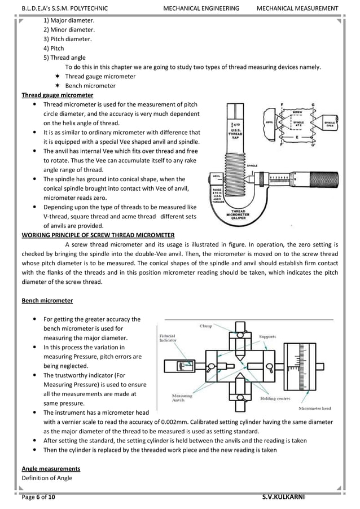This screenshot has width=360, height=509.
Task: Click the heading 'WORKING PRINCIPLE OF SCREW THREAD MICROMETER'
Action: click(x=98, y=235)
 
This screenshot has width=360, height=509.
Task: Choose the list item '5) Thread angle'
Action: click(x=65, y=58)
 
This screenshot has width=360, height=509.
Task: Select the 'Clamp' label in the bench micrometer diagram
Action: click(x=206, y=326)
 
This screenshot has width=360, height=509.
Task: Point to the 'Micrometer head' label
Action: click(x=315, y=407)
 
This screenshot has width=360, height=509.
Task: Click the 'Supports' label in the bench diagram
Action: click(x=267, y=336)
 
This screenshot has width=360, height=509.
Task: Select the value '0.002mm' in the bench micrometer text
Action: click(x=192, y=423)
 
